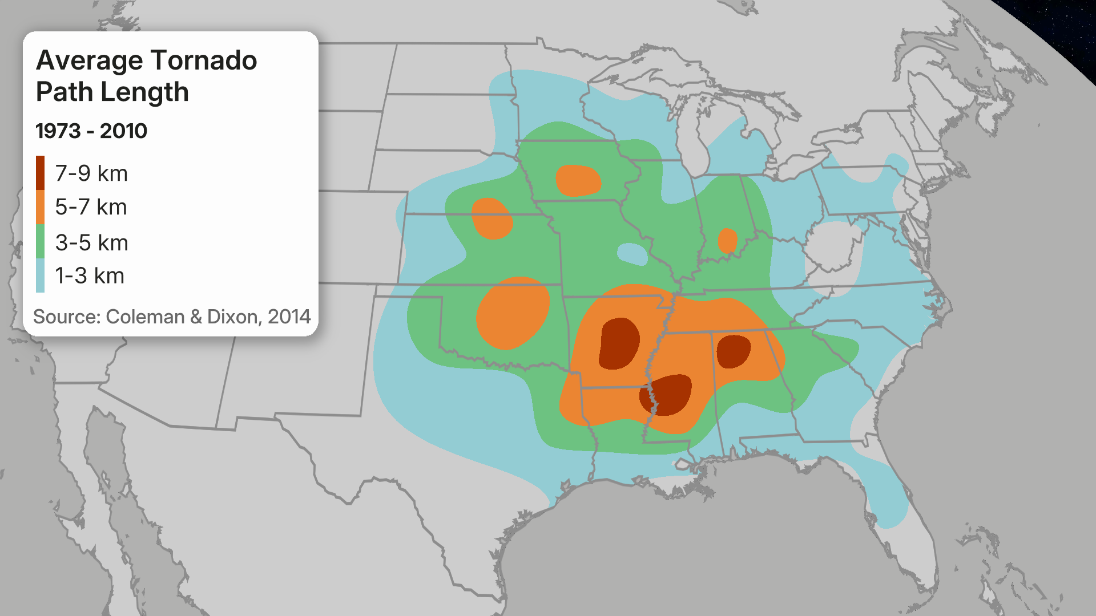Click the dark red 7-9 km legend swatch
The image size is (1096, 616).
tap(40, 173)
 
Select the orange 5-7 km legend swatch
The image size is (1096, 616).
tap(40, 207)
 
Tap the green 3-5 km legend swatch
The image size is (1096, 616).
tap(40, 242)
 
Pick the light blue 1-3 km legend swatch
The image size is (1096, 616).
tap(40, 275)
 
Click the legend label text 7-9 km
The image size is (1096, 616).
tap(91, 173)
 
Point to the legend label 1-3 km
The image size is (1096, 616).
tap(90, 276)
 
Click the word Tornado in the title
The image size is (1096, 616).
tap(204, 60)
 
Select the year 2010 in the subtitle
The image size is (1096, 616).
tap(123, 131)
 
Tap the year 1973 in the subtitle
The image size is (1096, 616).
tap(58, 131)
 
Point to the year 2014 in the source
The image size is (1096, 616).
tap(289, 317)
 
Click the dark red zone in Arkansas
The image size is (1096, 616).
tap(619, 343)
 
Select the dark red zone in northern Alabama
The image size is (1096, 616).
tap(733, 351)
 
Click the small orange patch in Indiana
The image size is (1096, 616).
tap(727, 241)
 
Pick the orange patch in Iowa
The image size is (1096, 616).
tap(578, 181)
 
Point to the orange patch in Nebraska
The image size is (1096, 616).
tap(491, 218)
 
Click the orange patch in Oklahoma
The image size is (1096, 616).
tap(513, 313)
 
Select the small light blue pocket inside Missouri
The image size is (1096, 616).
tap(632, 254)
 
